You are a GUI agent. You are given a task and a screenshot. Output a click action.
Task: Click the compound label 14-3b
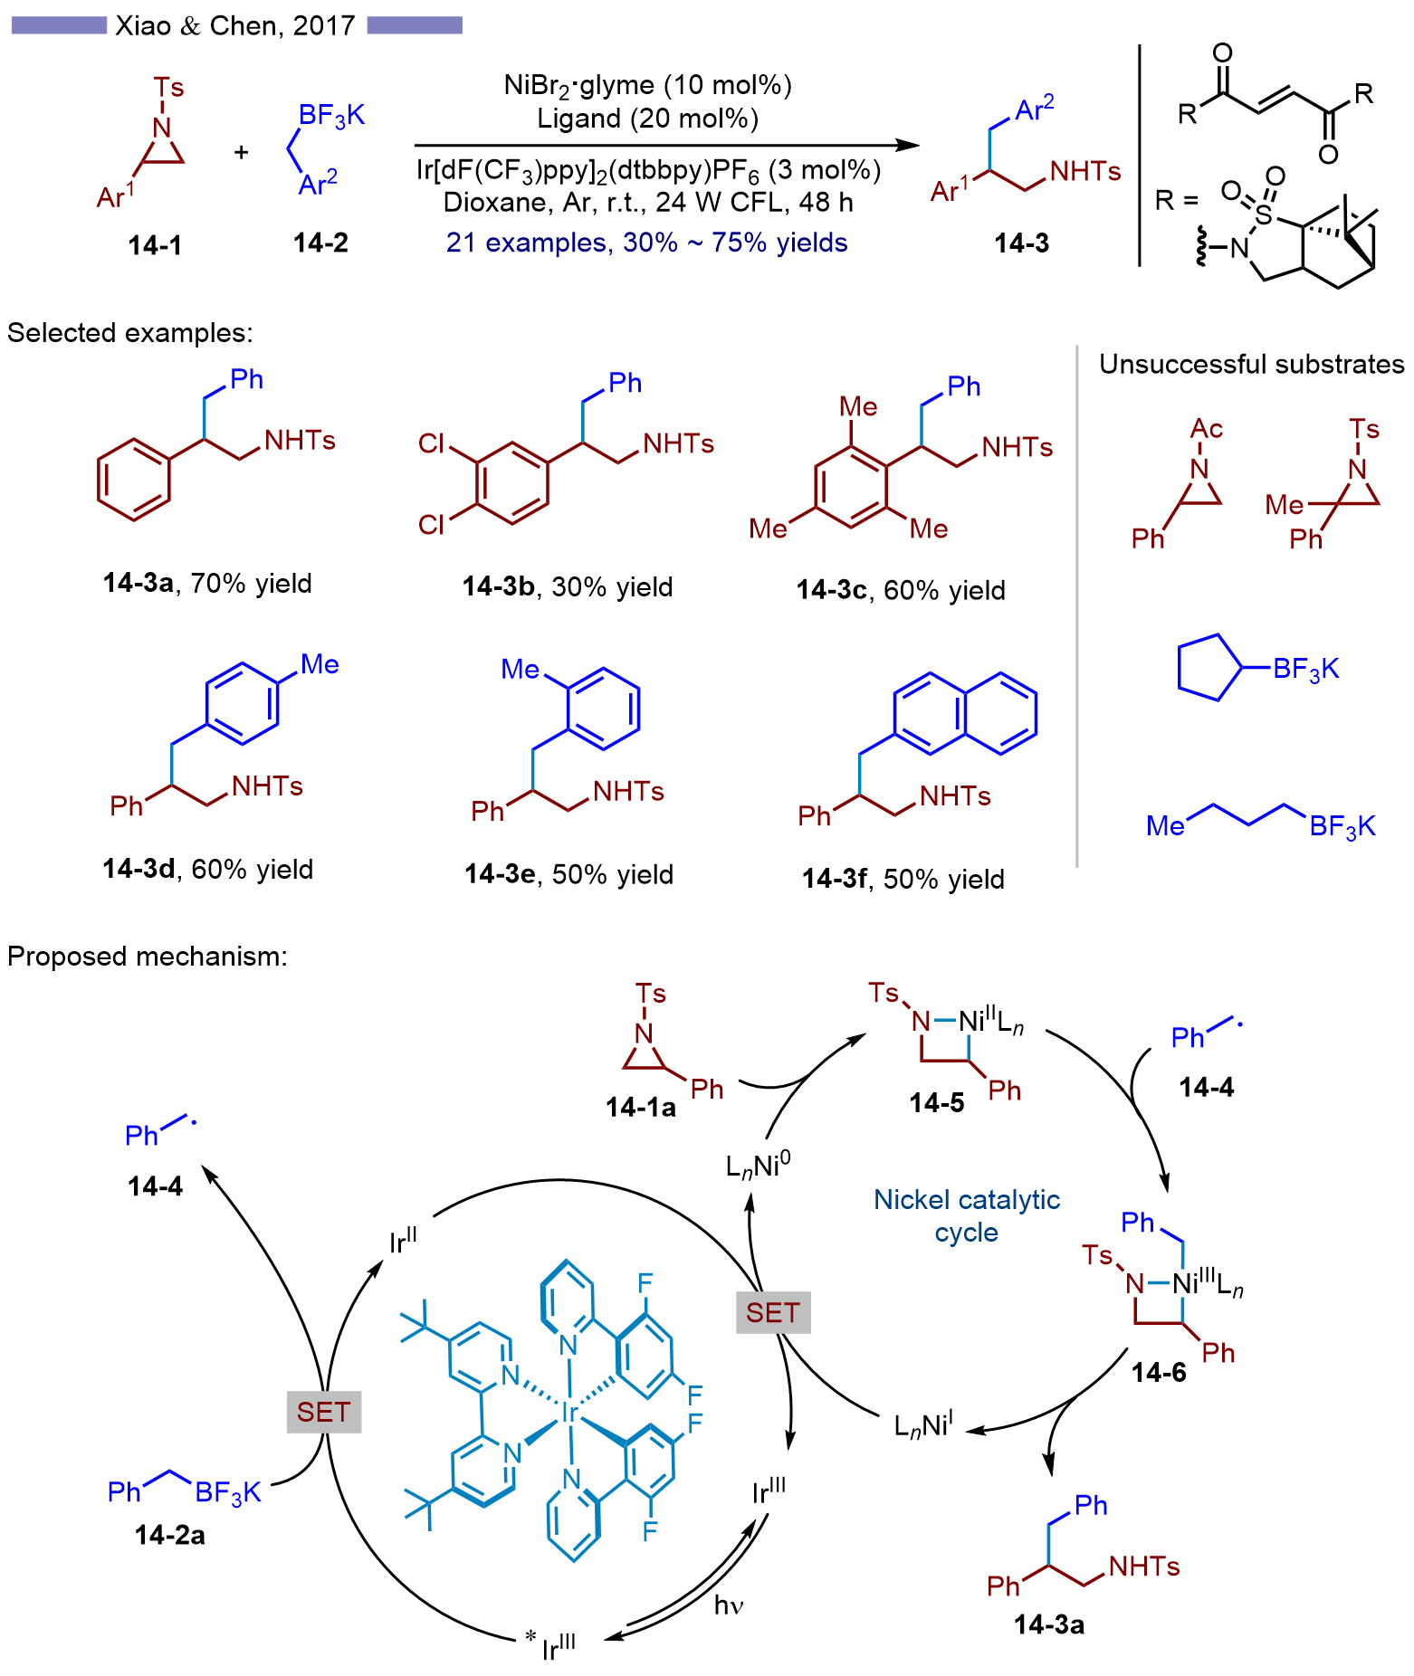(x=499, y=586)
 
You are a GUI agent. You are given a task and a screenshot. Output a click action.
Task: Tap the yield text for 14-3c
(x=943, y=590)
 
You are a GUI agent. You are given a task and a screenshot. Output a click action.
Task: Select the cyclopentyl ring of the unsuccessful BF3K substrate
(x=1207, y=668)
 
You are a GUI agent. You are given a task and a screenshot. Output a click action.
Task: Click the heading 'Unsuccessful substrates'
(x=1251, y=364)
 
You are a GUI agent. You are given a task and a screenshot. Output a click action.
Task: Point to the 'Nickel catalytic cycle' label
(x=966, y=1215)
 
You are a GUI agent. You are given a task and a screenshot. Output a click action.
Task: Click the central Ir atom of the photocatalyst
(x=569, y=1413)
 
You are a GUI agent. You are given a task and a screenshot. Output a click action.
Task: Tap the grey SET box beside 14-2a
(x=323, y=1412)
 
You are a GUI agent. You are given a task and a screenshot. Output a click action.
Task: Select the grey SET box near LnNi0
(x=772, y=1312)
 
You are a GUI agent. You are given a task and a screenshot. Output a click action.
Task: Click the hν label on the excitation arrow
(x=729, y=1605)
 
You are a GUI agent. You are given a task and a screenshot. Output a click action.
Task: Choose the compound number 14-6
(x=1158, y=1373)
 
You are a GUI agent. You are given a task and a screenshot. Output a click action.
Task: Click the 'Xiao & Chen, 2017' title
(x=235, y=25)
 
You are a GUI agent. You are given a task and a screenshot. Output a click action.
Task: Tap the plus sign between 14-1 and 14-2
(x=241, y=152)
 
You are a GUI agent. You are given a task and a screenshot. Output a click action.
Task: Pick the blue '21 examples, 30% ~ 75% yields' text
(x=646, y=243)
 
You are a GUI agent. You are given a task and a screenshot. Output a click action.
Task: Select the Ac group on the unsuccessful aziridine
(x=1207, y=428)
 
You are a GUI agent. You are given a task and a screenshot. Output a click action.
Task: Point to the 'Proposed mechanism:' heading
(x=148, y=956)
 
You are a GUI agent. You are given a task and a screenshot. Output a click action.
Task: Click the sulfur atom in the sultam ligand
(x=1264, y=214)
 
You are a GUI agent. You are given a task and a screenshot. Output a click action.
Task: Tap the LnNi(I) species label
(x=922, y=1427)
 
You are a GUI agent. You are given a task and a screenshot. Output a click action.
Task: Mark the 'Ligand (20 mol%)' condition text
(x=647, y=119)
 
